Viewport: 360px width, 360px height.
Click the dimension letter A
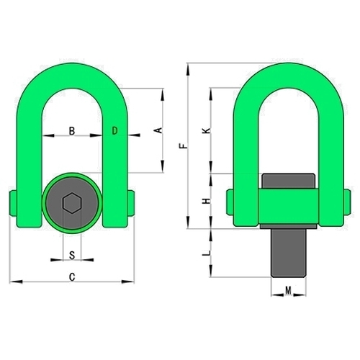coord(158,130)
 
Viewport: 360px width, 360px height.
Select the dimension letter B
coord(72,131)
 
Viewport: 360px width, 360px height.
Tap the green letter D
coord(115,130)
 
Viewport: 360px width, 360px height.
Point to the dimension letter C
coord(72,277)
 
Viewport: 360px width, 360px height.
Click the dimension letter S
coord(72,256)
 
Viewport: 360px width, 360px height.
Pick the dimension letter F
coord(183,145)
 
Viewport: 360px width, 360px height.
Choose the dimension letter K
coord(207,131)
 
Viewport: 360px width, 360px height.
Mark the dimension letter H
coord(207,201)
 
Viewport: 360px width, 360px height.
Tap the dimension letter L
coord(207,253)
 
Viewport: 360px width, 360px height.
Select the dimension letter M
coord(288,291)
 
